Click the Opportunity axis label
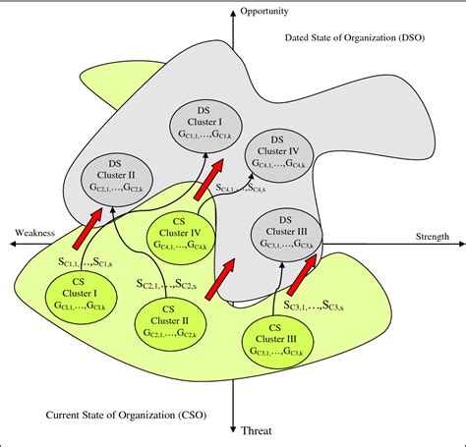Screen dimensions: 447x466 pos(268,12)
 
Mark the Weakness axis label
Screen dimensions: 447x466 pos(33,233)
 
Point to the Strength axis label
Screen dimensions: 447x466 pos(432,236)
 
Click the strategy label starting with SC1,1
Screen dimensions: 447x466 pos(82,263)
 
